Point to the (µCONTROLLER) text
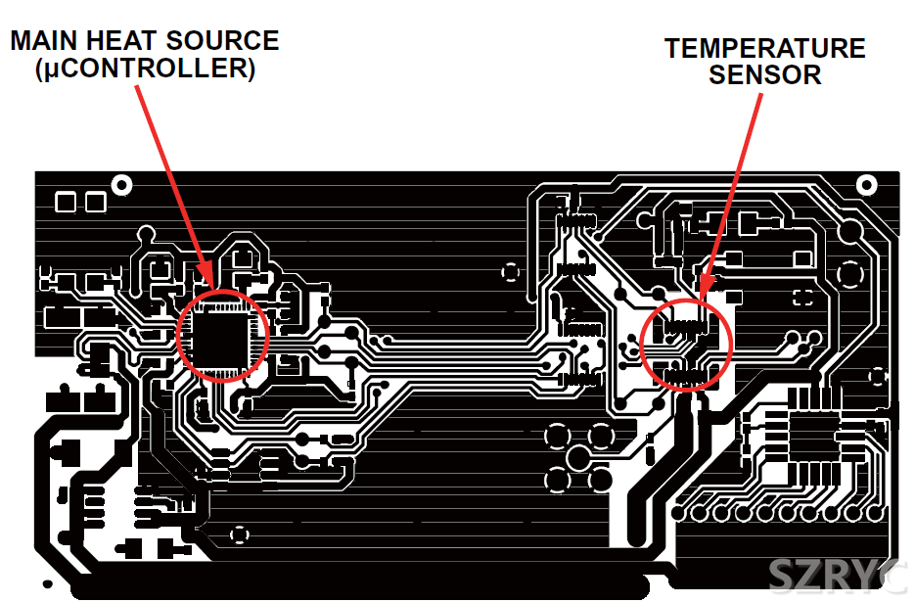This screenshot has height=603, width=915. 144,70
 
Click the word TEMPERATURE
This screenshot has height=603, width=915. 764,48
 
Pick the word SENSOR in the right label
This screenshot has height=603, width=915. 764,75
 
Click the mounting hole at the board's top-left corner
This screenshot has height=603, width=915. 122,184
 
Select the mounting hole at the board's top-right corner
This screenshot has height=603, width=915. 866,184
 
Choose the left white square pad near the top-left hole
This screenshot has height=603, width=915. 66,203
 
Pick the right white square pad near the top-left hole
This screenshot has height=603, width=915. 95,203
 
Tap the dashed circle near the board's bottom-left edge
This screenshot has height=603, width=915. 239,534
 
